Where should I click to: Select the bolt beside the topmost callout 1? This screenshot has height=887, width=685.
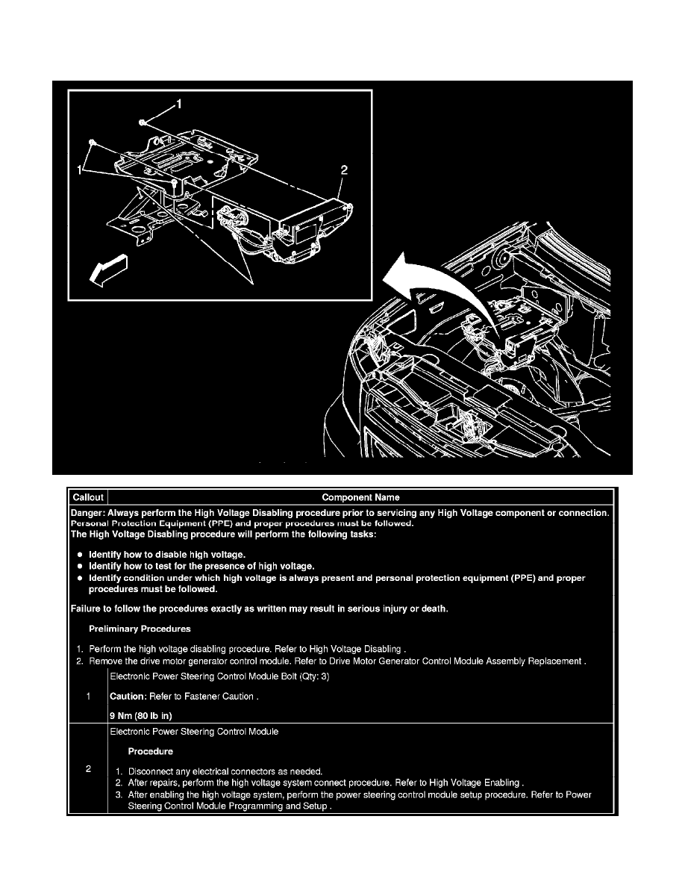[142, 120]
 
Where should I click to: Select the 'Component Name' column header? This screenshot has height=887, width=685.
[360, 497]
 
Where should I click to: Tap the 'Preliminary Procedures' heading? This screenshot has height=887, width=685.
[140, 629]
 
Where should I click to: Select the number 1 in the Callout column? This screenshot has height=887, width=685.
[88, 697]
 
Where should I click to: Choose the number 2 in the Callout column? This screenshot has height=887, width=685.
[88, 770]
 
